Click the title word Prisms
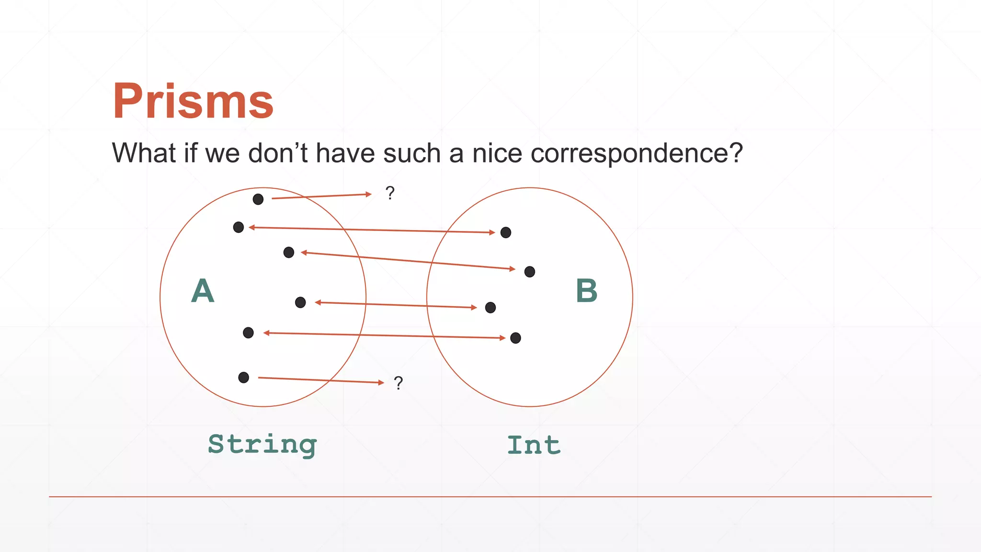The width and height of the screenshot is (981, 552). point(193,101)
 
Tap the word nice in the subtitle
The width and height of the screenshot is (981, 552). point(497,154)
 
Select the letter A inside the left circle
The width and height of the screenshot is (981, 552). point(203,291)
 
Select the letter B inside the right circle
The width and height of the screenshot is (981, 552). point(587,291)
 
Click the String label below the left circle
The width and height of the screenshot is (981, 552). point(262,445)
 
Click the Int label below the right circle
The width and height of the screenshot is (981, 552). point(534,445)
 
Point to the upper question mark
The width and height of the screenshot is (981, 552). point(390,193)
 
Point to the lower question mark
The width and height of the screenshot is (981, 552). point(398,383)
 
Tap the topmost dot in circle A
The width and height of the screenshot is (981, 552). point(258,199)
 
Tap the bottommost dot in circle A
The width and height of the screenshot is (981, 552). point(243,378)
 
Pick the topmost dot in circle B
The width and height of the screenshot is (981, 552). point(506,232)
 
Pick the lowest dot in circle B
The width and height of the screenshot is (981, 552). point(515,338)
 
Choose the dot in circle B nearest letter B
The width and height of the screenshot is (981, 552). point(529,272)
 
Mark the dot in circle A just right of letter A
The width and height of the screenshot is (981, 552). point(300,302)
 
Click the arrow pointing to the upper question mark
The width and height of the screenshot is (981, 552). point(321,196)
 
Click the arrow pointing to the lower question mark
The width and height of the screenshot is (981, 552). point(321,380)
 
